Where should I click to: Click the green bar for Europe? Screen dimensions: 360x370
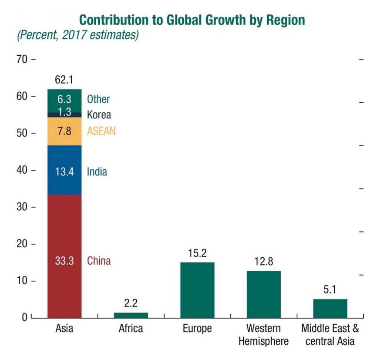coord(197,289)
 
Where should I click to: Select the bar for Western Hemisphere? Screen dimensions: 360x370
coord(264,294)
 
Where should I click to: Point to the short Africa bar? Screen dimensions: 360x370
coord(131,315)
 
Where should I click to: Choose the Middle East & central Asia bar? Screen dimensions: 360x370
coord(330,308)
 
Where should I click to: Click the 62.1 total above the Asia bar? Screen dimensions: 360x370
coord(64,80)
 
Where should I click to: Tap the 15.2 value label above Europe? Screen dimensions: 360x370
coord(197,253)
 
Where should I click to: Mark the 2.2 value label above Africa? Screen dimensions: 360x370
coord(131,303)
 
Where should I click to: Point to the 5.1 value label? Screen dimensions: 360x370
coord(330,290)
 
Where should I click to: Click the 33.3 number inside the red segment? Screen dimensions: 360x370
coord(64,261)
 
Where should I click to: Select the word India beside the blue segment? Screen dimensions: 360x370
coord(97,172)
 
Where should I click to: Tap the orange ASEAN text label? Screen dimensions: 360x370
coord(101,131)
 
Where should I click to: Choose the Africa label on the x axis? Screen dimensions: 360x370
coord(131,328)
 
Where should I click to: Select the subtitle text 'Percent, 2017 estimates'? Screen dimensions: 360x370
coord(77,35)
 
